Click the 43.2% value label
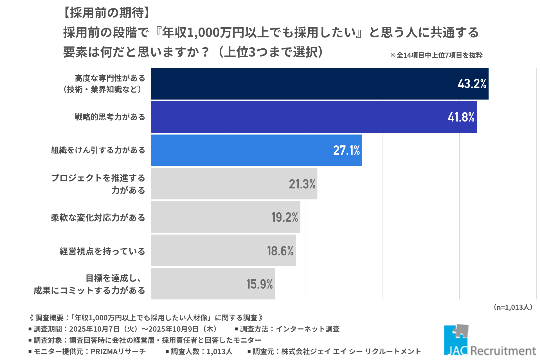click(x=472, y=84)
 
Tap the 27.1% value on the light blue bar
click(x=346, y=150)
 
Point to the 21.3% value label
click(x=302, y=184)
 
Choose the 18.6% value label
click(x=280, y=251)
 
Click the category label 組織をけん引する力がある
click(x=98, y=150)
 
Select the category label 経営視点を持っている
click(x=102, y=251)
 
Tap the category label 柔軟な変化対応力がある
click(x=98, y=217)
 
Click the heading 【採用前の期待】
click(x=107, y=13)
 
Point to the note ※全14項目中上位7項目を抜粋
click(x=436, y=55)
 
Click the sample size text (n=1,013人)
click(x=513, y=307)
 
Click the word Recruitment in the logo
click(x=503, y=351)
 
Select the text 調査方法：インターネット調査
click(x=290, y=329)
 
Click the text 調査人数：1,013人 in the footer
click(x=201, y=352)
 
